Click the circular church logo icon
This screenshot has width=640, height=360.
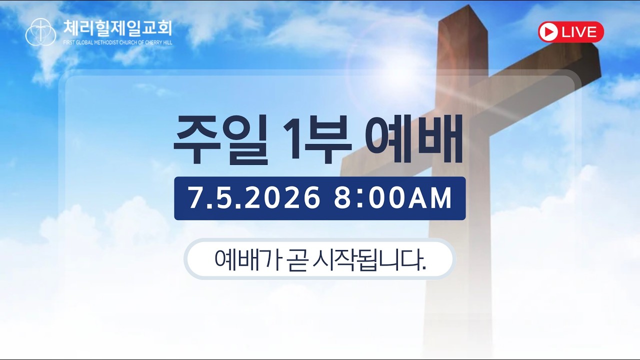(40, 32)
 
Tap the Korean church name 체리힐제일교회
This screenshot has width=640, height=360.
(117, 28)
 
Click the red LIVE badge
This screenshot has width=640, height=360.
(571, 31)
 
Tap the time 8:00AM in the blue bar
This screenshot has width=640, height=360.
(393, 198)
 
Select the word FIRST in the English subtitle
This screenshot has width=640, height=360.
(69, 43)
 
